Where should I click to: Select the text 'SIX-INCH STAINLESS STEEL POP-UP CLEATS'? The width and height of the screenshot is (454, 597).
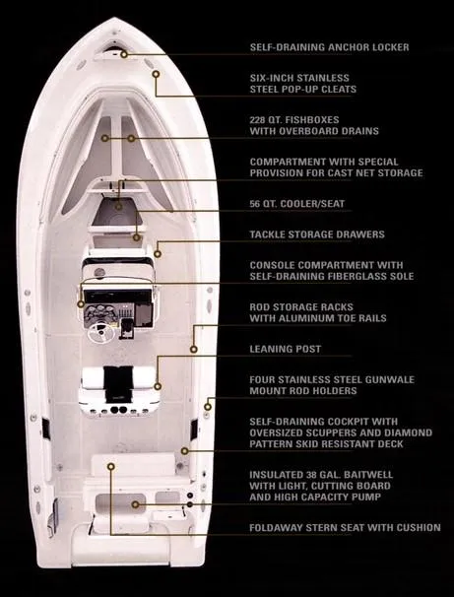[313, 83]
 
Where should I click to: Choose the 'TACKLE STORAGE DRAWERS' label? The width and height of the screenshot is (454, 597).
[316, 234]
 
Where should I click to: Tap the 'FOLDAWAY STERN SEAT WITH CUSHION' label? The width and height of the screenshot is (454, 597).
[345, 528]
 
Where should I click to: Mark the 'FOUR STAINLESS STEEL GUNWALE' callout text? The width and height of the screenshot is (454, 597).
[335, 378]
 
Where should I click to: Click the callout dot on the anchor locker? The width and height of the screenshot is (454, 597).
[125, 54]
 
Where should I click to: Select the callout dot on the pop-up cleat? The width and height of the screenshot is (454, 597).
[154, 73]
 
